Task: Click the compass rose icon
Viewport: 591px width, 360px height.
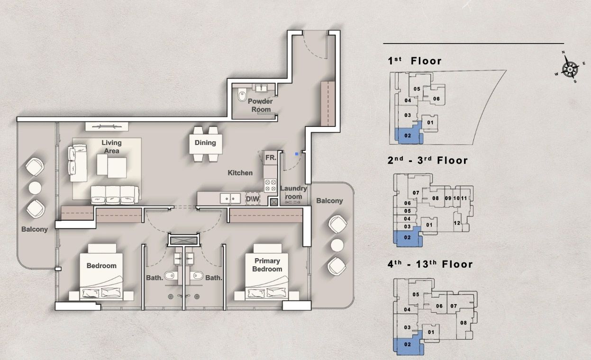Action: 569,68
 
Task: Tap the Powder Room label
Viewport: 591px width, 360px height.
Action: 260,105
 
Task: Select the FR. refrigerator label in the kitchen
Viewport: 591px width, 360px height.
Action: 271,157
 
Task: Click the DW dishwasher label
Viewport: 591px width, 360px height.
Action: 253,199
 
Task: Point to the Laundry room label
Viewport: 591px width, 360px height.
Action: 293,192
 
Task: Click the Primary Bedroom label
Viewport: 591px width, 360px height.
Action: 268,265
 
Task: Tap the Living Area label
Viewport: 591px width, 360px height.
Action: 111,146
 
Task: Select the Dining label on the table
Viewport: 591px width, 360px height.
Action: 205,143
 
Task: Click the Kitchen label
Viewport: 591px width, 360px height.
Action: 240,173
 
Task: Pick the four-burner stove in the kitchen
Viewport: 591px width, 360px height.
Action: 270,185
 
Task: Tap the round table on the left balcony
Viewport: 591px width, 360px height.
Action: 36,188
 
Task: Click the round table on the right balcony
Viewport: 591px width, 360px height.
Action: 337,245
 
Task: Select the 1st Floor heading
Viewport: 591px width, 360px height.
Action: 415,61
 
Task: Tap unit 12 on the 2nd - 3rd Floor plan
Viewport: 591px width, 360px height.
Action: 457,223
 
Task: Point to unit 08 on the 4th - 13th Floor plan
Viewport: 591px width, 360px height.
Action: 463,323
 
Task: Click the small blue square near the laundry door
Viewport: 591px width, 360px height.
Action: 297,153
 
